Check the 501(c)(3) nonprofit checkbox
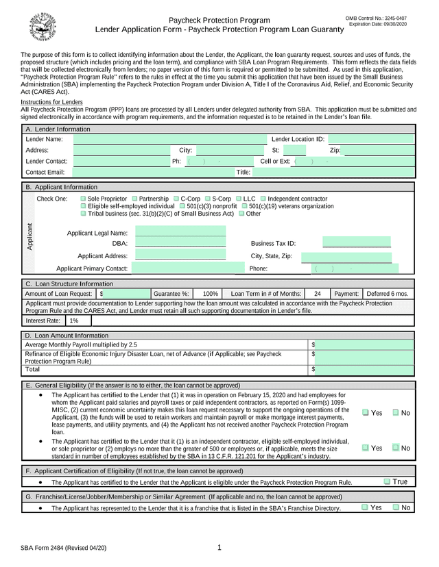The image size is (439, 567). [x=182, y=206]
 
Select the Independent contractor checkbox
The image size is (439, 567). [x=262, y=199]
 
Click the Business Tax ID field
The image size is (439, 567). [x=357, y=243]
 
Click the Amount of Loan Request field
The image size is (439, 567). [x=127, y=294]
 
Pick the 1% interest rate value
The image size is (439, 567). [x=74, y=320]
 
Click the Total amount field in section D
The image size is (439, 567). [x=364, y=370]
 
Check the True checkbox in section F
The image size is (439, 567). [x=387, y=482]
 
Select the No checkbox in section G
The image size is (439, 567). [x=396, y=507]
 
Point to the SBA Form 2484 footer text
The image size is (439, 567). [x=63, y=549]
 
